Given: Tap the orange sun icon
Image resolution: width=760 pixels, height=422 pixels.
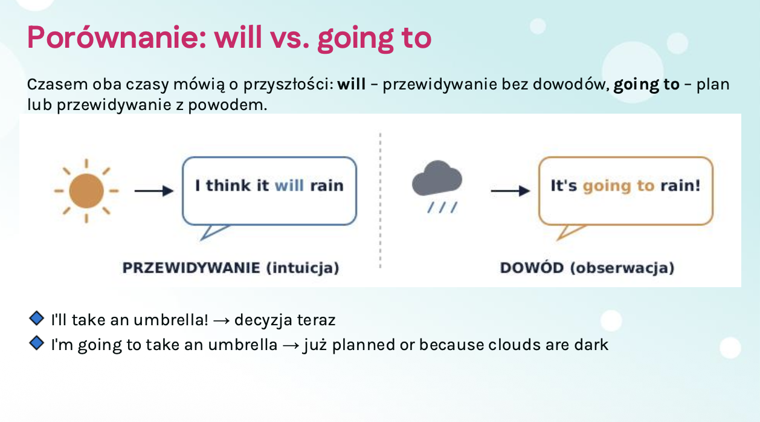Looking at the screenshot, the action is point(86,191).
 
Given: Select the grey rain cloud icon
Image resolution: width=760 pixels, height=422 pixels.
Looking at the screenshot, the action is point(437,186).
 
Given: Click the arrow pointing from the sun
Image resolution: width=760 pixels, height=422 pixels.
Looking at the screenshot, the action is point(154,191).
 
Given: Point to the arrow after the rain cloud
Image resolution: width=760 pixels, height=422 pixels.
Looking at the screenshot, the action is point(510,191).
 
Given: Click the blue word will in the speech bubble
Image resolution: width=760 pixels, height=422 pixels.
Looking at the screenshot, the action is point(289,186).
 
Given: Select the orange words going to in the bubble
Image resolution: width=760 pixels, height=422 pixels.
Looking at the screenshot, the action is point(619,186).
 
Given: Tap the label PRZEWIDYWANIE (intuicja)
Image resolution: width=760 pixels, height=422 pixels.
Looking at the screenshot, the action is point(231,268).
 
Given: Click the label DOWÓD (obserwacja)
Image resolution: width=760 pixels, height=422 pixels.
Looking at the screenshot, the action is point(587,268).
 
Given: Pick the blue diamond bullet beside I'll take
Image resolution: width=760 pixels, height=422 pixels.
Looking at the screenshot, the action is point(37,318).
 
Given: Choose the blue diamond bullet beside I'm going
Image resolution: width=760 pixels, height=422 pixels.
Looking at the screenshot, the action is point(37,343).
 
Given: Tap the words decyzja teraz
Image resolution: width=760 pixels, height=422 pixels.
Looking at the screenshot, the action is point(285,320).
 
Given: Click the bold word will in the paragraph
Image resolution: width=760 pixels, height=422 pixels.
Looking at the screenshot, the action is point(352,84).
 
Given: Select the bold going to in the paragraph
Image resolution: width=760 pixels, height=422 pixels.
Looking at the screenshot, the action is point(646,85).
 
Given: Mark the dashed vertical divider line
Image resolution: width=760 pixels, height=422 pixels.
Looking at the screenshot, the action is point(381,201).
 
